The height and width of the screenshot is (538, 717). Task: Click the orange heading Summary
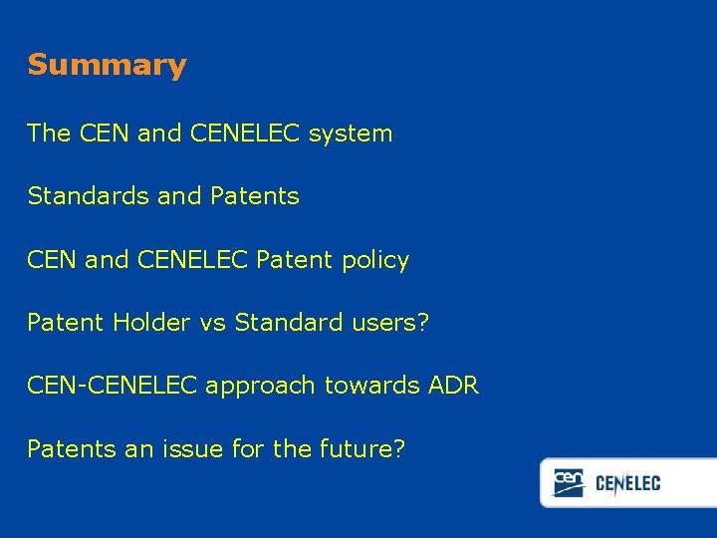coord(107,66)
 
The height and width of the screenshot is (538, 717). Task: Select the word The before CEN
coord(49,134)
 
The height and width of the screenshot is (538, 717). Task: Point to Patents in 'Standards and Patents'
coord(254,196)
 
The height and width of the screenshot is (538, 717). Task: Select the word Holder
coord(145,323)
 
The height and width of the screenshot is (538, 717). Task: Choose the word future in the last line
coord(362,449)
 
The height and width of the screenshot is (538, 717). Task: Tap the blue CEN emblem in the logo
coord(569,483)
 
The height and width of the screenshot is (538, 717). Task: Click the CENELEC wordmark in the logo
coord(627,484)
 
